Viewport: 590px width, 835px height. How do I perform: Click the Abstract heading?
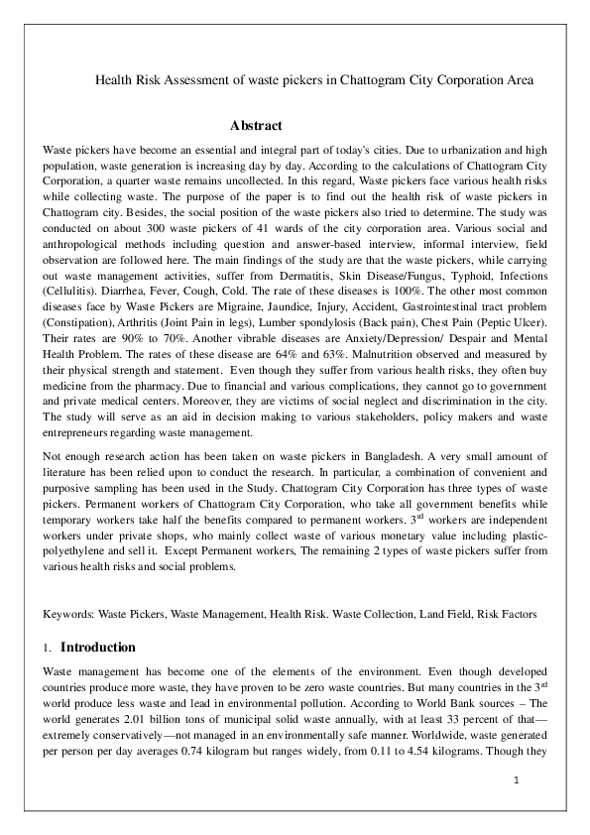pyautogui.click(x=256, y=126)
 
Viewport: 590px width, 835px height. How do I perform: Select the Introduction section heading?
pyautogui.click(x=98, y=648)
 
